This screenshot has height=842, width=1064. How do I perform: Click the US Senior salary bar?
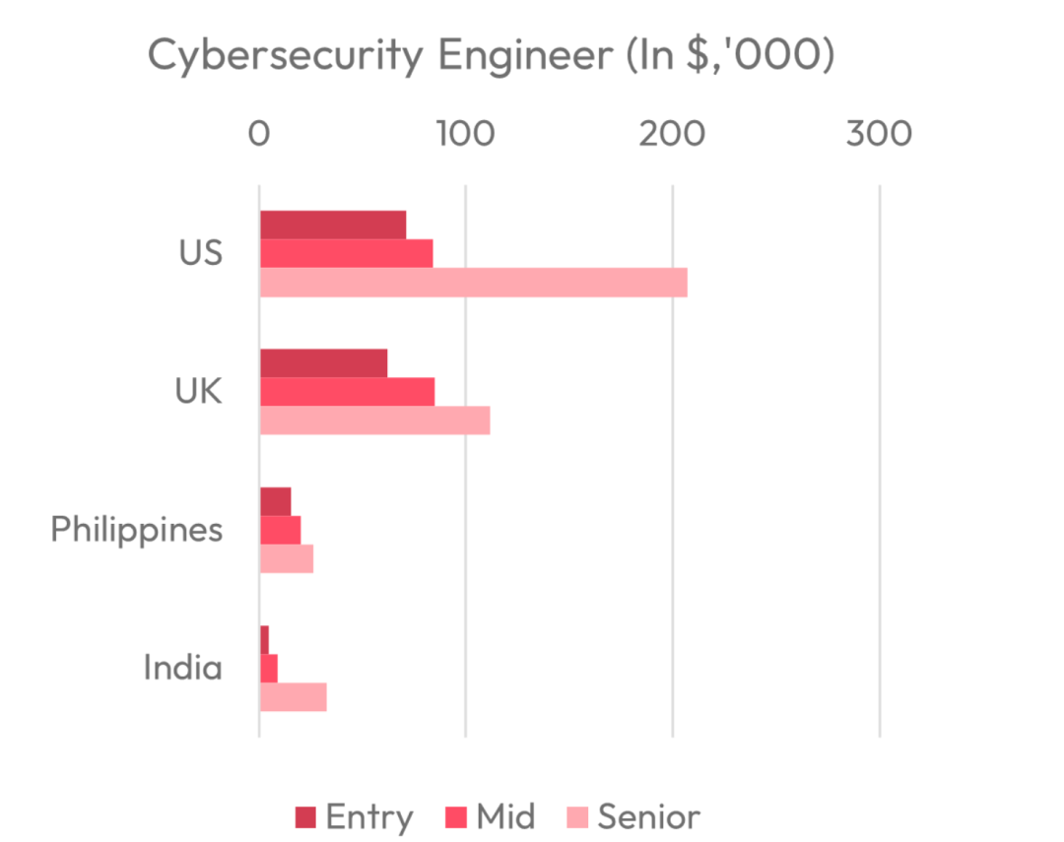(x=473, y=283)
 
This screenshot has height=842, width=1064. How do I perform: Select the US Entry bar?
(x=333, y=225)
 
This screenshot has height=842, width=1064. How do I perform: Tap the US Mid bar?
(x=346, y=253)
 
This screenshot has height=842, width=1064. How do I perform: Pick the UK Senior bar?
(x=374, y=421)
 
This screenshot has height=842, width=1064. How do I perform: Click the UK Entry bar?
(x=323, y=363)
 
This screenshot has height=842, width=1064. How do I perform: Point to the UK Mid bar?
(x=347, y=392)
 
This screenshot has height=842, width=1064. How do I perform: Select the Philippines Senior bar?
(x=287, y=558)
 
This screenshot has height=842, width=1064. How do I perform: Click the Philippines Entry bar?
(x=275, y=501)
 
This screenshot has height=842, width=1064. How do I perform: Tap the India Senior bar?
(x=293, y=697)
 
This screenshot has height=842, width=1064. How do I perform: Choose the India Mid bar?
(x=268, y=669)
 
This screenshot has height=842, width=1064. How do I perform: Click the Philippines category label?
(x=137, y=530)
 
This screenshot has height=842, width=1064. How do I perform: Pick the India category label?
(x=183, y=669)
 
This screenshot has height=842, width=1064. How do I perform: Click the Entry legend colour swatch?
(x=305, y=817)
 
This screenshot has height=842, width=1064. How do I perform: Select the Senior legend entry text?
(x=649, y=817)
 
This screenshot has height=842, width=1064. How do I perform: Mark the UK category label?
(x=198, y=392)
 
